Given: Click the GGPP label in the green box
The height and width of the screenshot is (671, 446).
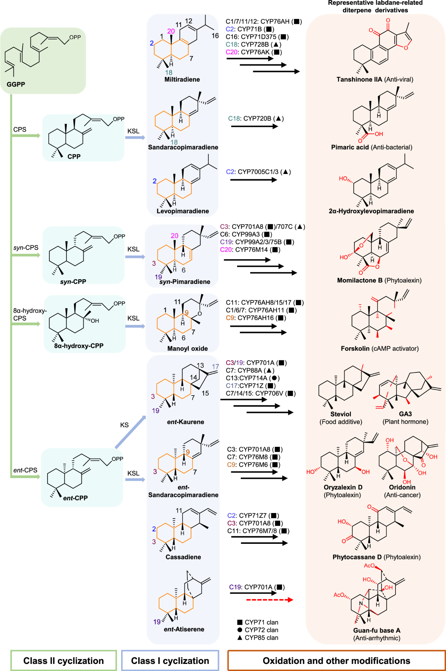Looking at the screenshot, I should (16, 84).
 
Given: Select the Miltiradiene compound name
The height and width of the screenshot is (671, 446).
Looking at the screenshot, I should (182, 79).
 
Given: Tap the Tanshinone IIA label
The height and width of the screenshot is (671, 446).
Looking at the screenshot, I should (359, 79).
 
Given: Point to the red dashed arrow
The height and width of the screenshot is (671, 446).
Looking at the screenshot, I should (269, 600).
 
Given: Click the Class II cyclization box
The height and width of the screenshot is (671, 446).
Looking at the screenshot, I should (64, 661).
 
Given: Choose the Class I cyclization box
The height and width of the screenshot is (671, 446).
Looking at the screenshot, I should (170, 661).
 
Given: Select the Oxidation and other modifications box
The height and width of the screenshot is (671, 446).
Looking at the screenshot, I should (336, 661).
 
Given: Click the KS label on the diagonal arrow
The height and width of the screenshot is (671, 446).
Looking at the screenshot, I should (124, 425).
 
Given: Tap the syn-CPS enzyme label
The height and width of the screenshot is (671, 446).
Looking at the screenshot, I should (26, 248).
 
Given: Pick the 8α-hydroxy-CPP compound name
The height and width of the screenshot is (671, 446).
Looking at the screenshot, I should (79, 346).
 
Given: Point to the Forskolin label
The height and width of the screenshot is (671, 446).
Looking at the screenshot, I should (355, 348).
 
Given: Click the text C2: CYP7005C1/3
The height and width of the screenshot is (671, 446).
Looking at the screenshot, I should (258, 172).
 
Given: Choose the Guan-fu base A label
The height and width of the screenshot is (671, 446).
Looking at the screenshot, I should (376, 630).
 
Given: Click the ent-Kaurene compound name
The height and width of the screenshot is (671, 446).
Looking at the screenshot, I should (185, 422).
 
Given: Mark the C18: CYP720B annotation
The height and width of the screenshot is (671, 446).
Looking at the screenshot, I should (256, 119).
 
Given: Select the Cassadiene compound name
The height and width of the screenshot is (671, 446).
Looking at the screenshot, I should (183, 557).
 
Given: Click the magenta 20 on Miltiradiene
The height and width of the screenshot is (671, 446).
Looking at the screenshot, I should (171, 31).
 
